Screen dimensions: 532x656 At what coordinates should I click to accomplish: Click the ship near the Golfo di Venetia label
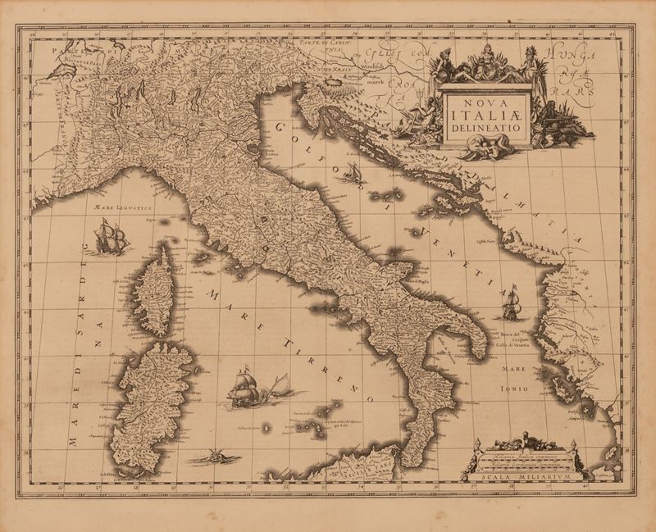coord(511,302)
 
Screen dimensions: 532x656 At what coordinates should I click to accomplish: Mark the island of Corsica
coord(154,291)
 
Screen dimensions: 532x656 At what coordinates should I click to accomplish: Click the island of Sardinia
coord(153,406)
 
